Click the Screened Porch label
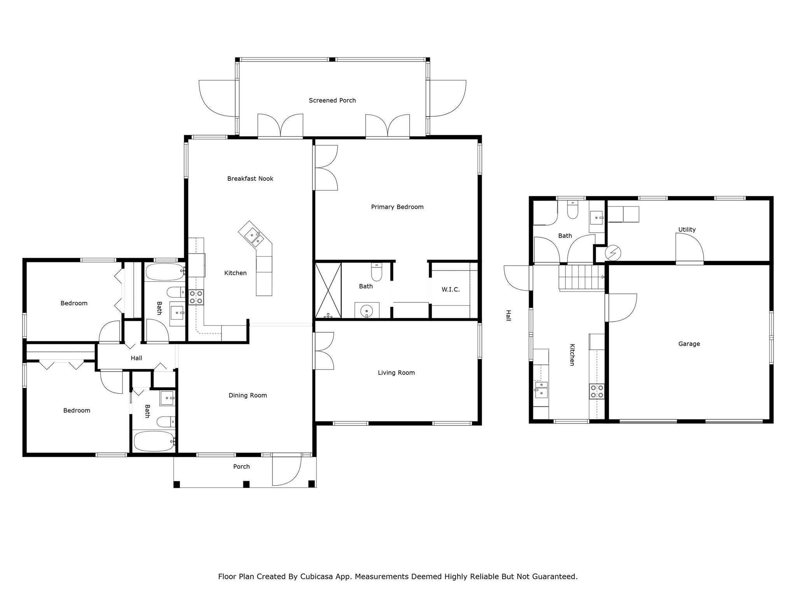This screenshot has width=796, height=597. click(x=332, y=100)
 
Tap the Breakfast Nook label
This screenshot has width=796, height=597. click(x=250, y=178)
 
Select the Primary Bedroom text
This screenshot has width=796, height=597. click(x=397, y=207)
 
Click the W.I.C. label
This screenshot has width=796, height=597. click(x=450, y=290)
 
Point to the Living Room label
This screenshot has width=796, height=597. click(x=396, y=373)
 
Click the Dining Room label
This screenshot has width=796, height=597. click(x=248, y=395)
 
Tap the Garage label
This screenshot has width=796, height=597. click(x=689, y=344)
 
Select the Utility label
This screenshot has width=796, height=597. click(x=687, y=229)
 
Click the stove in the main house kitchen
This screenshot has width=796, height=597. click(x=196, y=297)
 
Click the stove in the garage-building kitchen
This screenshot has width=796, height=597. click(x=597, y=391)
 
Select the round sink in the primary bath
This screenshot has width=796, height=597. click(x=366, y=311)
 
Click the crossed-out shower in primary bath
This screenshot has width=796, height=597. click(x=328, y=290)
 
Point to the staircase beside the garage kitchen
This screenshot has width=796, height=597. click(x=581, y=277)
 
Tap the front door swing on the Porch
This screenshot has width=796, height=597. click(x=286, y=471)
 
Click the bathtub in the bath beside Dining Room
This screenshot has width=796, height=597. click(x=154, y=441)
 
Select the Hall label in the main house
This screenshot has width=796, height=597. click(x=136, y=358)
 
